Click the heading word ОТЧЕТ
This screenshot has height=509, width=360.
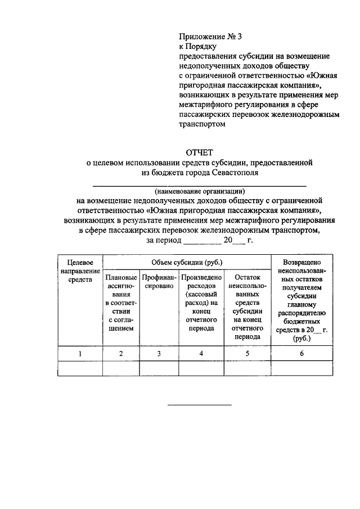tap(200, 152)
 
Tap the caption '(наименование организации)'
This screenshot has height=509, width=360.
tap(200, 191)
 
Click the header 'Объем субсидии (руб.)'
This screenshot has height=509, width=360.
tap(187, 262)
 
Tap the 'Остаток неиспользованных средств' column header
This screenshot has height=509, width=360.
tap(247, 307)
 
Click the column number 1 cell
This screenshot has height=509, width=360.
tap(80, 353)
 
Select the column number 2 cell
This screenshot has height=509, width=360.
tap(121, 353)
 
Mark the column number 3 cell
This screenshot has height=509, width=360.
tap(159, 353)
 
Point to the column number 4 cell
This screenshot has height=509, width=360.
tap(201, 353)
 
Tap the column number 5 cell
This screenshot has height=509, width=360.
tap(247, 353)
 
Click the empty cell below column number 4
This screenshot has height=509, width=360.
tap(201, 368)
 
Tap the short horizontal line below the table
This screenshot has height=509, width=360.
tap(200, 405)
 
